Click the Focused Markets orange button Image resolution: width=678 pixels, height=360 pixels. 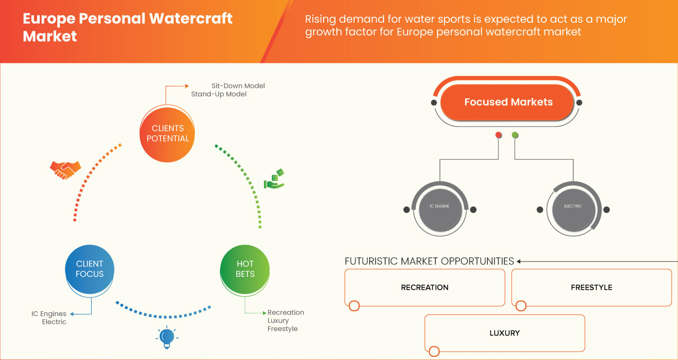click(508, 102)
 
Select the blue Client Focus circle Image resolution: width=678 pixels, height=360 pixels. click(90, 269)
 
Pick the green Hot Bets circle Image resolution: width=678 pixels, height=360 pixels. click(245, 269)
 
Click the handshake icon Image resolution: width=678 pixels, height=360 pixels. click(65, 169)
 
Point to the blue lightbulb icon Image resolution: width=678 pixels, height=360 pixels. click(167, 337)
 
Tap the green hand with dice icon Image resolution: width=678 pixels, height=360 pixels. click(274, 179)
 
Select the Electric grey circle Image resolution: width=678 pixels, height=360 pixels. click(573, 206)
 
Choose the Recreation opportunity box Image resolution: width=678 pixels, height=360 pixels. click(424, 287)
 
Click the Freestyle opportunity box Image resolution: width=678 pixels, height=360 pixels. click(591, 287)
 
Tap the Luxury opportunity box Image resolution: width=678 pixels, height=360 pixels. click(504, 333)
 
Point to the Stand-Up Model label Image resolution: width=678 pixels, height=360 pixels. click(219, 94)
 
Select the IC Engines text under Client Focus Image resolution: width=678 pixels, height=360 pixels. click(49, 314)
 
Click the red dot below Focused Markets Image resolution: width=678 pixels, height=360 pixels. click(498, 136)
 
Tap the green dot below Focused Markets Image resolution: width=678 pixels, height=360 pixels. click(515, 136)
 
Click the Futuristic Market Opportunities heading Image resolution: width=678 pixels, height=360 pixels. click(429, 261)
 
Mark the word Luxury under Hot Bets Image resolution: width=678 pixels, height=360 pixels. click(278, 321)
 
